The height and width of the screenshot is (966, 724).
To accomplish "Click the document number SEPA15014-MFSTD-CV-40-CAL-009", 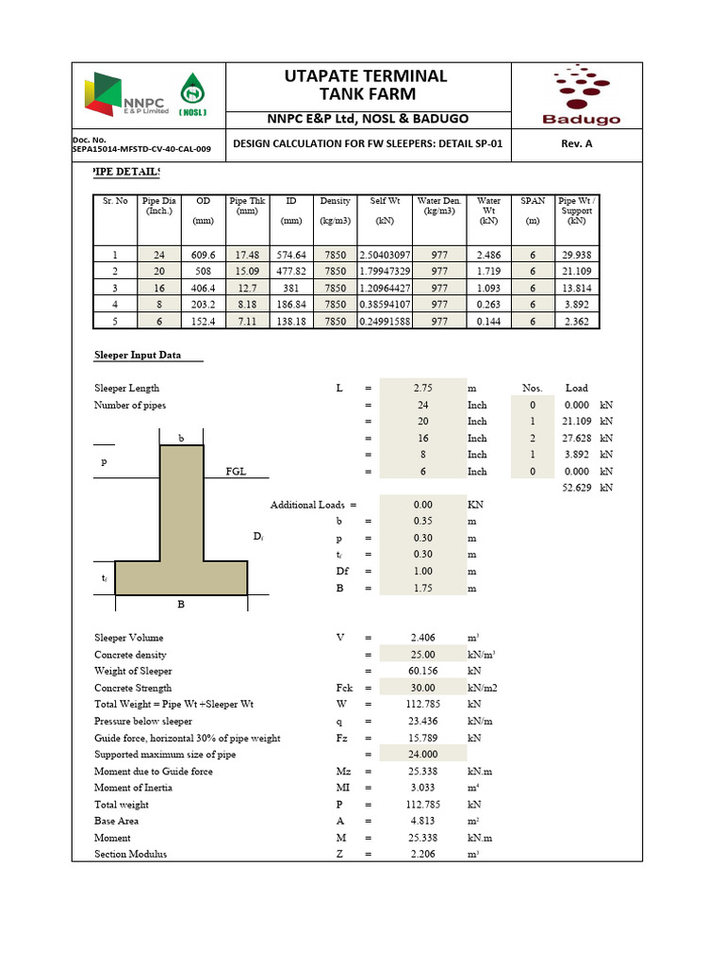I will (x=141, y=149).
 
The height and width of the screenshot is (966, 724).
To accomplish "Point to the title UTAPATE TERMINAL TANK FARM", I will (x=364, y=85).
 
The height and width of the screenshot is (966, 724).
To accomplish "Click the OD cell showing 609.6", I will (x=203, y=255).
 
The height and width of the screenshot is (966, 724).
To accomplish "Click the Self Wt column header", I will (x=385, y=201).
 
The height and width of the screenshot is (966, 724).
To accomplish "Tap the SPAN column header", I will (x=533, y=201).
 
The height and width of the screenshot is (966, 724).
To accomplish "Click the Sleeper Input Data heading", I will (x=137, y=356).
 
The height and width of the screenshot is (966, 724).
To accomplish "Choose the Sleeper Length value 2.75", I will (x=422, y=389).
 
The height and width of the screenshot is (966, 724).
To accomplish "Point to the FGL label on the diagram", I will (x=236, y=472).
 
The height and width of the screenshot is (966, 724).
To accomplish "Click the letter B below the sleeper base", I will (x=181, y=606).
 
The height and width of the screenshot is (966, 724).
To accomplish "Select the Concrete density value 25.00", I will (x=422, y=655).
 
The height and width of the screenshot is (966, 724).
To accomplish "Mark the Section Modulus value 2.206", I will (x=422, y=855).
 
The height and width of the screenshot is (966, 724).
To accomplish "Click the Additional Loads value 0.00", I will (x=422, y=505).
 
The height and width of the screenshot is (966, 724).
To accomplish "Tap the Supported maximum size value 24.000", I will (x=422, y=755).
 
